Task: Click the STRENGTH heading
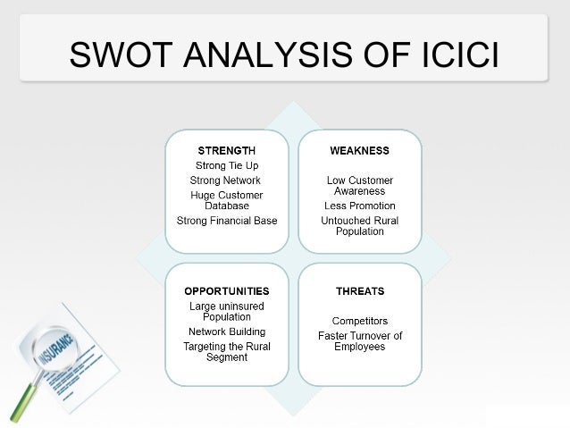226,150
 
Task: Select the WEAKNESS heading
359,150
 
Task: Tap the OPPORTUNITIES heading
226,291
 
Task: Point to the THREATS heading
359,291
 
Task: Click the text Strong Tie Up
227,165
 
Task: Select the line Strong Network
225,180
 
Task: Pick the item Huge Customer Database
227,200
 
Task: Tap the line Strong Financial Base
227,221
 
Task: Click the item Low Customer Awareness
359,186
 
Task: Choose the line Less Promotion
359,206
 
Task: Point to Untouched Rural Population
359,226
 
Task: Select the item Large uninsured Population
227,311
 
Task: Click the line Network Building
226,331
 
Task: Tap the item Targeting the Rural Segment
227,352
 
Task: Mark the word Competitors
359,320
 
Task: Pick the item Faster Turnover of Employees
359,341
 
